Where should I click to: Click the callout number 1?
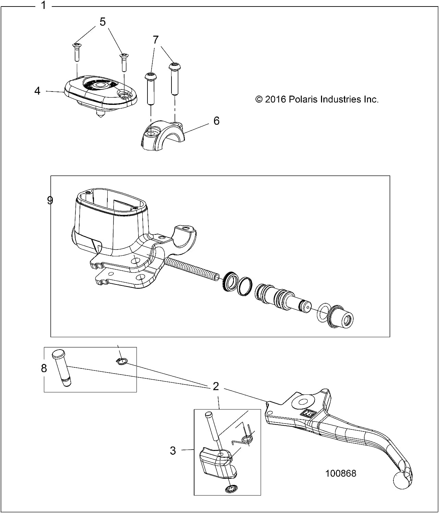(x=44, y=5)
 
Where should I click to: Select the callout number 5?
(x=103, y=22)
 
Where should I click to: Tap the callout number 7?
(x=156, y=40)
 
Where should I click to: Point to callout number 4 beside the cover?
(x=37, y=91)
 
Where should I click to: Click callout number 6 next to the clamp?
(x=216, y=121)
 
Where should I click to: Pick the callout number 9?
(x=50, y=200)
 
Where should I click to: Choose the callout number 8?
(x=44, y=368)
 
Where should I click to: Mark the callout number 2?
(x=216, y=387)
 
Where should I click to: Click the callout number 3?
(x=173, y=450)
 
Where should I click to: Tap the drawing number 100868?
(x=341, y=473)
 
